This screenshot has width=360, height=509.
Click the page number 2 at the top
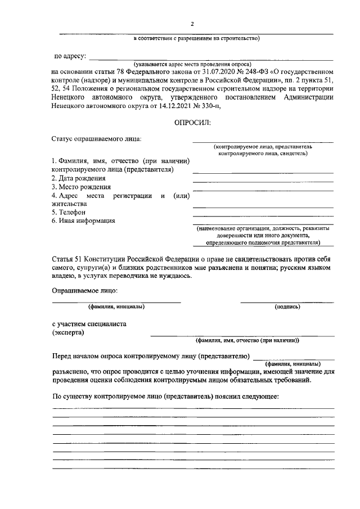[x=192, y=24]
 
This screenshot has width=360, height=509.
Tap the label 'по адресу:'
[x=70, y=56]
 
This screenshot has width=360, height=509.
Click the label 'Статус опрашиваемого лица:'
[x=96, y=138]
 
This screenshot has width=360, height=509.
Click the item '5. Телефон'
[x=68, y=213]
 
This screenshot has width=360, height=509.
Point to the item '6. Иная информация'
[x=83, y=221]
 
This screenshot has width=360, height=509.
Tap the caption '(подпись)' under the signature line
[x=287, y=307]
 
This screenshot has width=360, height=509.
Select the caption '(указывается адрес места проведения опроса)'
[x=192, y=65]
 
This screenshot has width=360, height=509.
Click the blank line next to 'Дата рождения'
[x=263, y=182]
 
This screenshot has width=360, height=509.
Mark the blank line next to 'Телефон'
[x=263, y=216]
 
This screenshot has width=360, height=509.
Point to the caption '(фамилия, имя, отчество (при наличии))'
[x=246, y=341]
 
